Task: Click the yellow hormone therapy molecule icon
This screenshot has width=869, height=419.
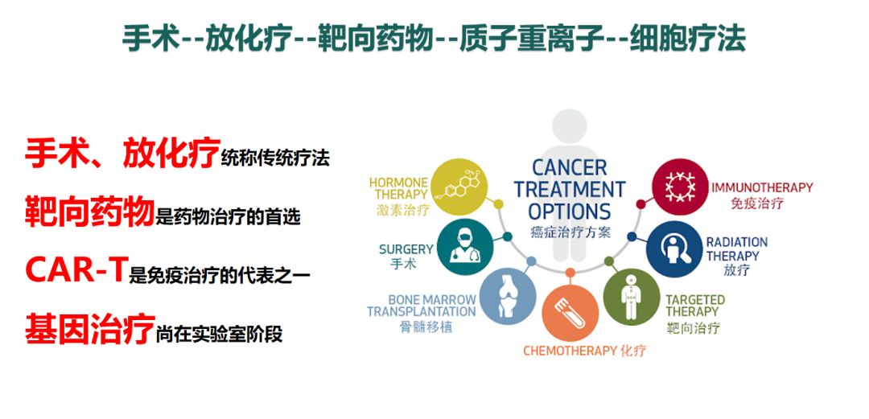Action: (x=460, y=186)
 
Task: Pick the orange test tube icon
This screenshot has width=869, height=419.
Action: (x=570, y=310)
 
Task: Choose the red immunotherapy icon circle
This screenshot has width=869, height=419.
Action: (x=679, y=187)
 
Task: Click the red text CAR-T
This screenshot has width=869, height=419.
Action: (x=74, y=270)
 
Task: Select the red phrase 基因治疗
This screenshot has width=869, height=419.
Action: (x=89, y=329)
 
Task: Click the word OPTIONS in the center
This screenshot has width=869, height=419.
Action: (x=569, y=212)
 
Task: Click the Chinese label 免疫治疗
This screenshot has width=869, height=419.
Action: (x=757, y=203)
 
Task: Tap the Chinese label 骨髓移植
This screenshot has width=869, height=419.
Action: (x=426, y=327)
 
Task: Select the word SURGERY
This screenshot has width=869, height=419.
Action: (x=406, y=249)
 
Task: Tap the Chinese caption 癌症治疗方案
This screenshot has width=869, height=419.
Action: (x=570, y=232)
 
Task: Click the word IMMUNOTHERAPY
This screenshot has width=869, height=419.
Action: (x=762, y=188)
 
